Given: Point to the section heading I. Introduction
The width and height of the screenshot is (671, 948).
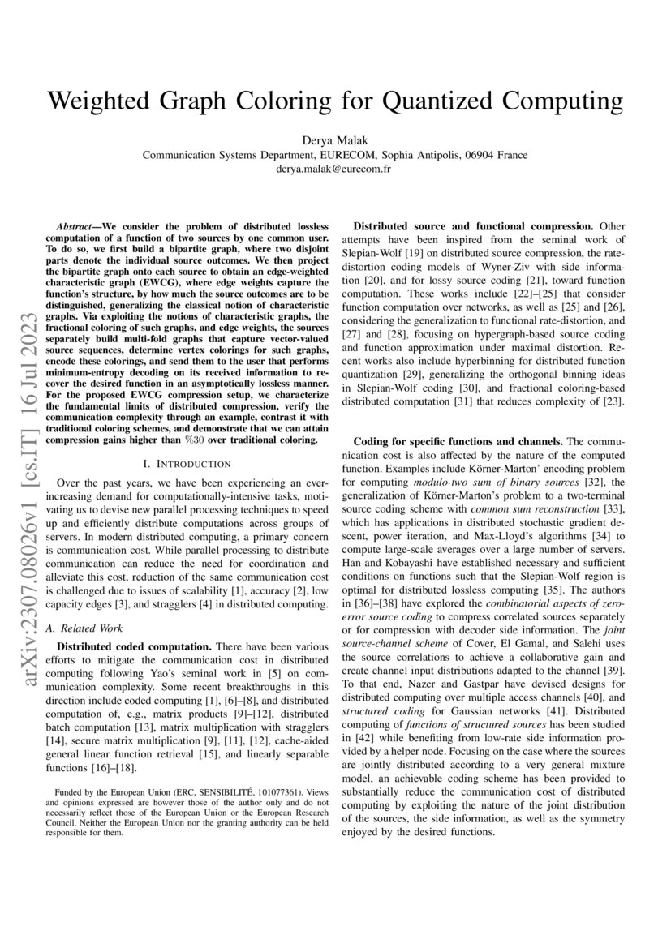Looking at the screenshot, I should [187, 463].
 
